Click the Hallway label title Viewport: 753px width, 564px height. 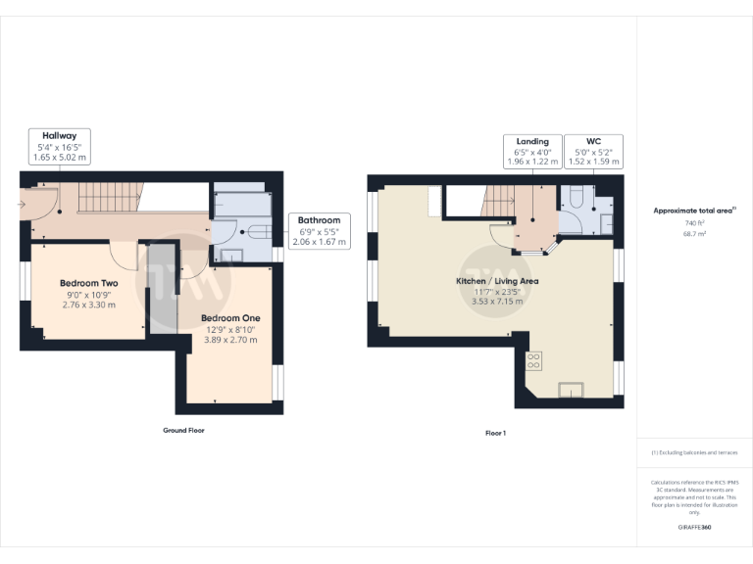pos(59,135)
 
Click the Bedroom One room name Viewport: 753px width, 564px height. pos(231,318)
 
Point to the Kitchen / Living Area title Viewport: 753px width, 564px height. pos(497,281)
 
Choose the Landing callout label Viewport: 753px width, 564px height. pos(532,141)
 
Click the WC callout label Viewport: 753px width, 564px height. pos(593,141)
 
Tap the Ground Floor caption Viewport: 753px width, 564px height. pos(183,430)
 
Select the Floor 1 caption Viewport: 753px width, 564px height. pos(495,432)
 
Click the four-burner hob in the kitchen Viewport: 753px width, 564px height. pos(535,360)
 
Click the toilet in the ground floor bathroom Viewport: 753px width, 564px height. pos(259,233)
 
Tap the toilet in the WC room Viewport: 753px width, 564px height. pos(576,195)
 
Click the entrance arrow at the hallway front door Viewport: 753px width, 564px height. pos(23,204)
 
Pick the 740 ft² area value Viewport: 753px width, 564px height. pos(694,223)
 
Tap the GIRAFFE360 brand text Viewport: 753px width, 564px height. pos(694,528)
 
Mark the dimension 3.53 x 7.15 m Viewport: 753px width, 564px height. pos(497,302)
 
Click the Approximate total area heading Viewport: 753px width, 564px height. pos(694,211)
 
